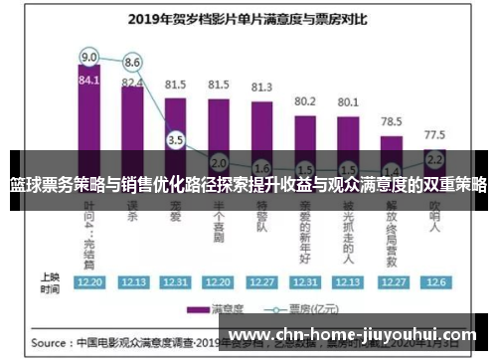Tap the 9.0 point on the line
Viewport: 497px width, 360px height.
(89, 57)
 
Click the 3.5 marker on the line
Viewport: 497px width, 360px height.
(176, 141)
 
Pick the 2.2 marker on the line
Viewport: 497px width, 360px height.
(433, 158)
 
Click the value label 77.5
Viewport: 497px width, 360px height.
(434, 133)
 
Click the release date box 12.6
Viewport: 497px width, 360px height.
(434, 282)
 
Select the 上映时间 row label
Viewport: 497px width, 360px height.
(48, 282)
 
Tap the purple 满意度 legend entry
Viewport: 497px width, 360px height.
(224, 307)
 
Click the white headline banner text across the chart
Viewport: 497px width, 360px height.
(248, 184)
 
